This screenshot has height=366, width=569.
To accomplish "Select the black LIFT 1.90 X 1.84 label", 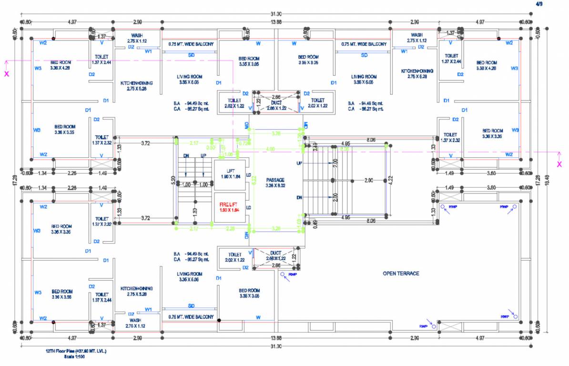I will [x=229, y=173].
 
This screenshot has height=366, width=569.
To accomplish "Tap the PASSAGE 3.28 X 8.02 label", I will [x=275, y=183].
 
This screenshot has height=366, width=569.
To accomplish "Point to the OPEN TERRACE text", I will [x=401, y=274].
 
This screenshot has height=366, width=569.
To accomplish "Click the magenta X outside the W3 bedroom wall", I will [x=6, y=74].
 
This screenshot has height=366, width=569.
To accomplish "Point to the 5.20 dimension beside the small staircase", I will [x=173, y=181].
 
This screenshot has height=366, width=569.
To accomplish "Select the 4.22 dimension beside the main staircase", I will [x=391, y=180].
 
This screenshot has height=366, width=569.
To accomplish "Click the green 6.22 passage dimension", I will [x=254, y=180].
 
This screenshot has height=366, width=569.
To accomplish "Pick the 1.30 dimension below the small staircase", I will [x=195, y=211].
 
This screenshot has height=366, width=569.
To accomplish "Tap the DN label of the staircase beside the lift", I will [x=186, y=156].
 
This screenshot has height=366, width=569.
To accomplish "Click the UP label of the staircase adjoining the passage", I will [x=299, y=163].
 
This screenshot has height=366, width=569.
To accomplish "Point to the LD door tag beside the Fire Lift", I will [x=248, y=207].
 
